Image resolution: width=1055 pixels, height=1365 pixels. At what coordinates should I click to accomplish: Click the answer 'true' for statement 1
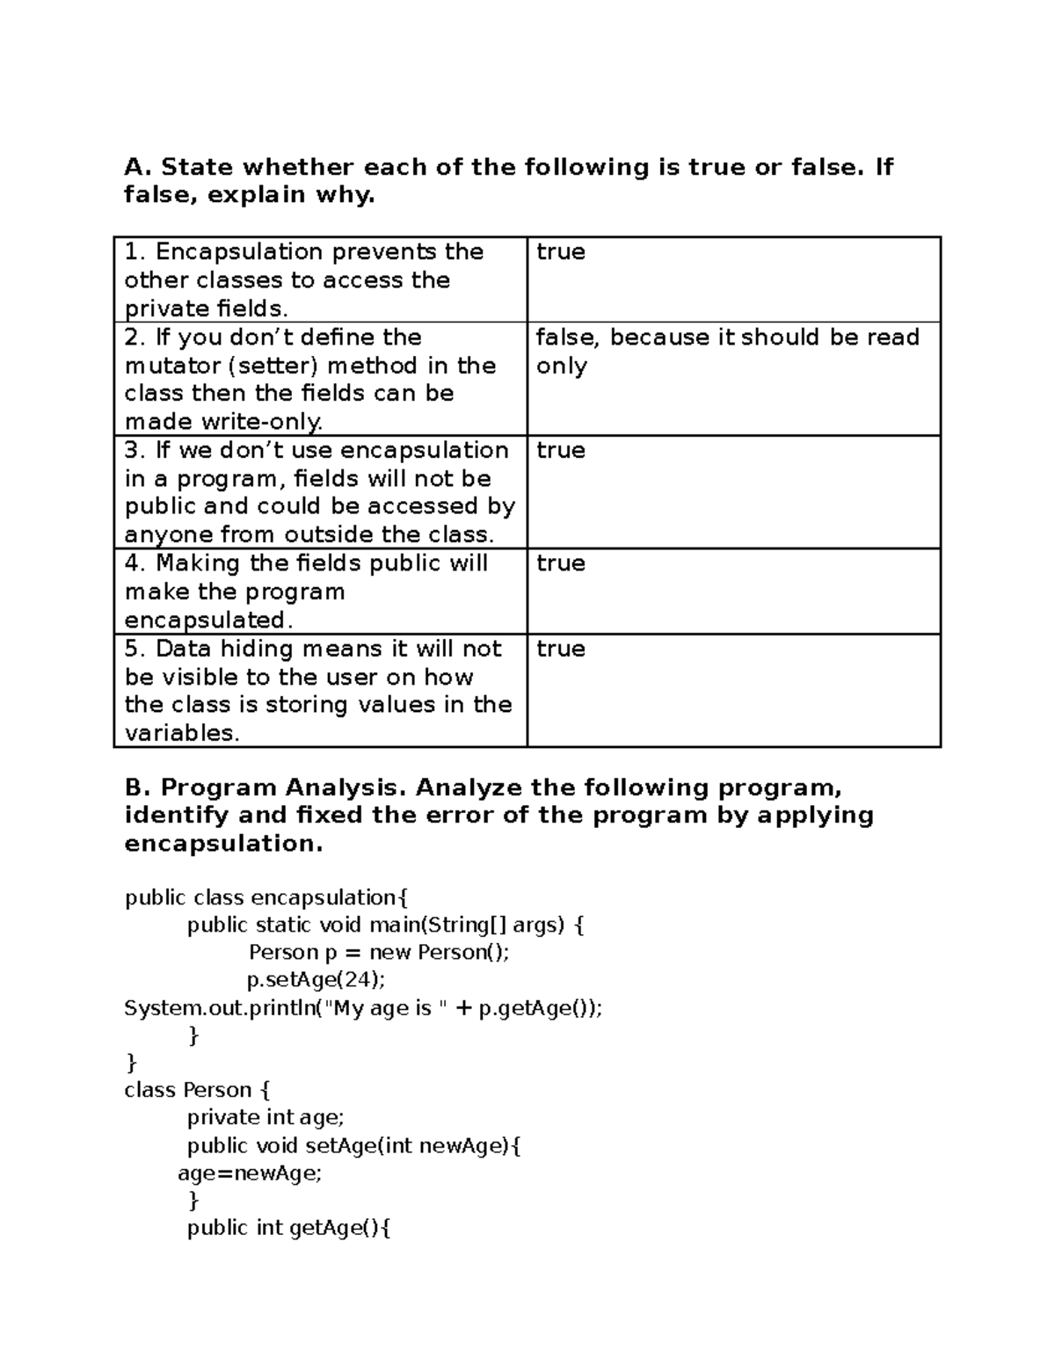coord(560,252)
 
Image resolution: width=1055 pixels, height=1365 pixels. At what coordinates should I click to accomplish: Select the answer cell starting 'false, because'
coord(727,351)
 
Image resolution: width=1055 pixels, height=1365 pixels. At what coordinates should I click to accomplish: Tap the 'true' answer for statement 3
coord(560,450)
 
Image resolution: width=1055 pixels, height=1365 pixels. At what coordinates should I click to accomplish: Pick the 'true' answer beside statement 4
coord(560,563)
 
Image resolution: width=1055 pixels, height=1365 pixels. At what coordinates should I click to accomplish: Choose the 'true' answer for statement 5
coord(560,649)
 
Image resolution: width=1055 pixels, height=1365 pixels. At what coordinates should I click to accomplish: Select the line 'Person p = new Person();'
coord(378,952)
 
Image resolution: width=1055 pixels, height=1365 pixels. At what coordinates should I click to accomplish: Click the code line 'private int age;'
coord(266,1117)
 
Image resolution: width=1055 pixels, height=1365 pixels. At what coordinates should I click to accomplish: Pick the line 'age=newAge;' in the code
coord(250,1173)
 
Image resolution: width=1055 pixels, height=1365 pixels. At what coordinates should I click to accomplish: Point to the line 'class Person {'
coord(197,1090)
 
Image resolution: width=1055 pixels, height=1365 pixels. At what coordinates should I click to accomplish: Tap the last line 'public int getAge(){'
coord(288,1228)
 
